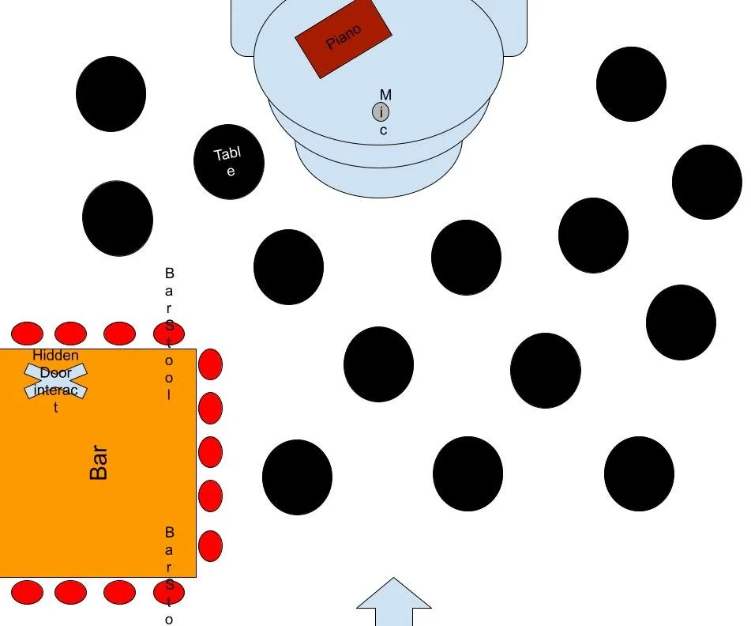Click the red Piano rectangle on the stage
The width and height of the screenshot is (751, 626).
pyautogui.click(x=343, y=37)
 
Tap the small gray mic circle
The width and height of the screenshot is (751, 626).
pyautogui.click(x=381, y=112)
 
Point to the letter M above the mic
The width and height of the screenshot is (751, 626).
pyautogui.click(x=385, y=95)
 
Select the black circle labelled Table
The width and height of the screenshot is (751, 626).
pyautogui.click(x=229, y=161)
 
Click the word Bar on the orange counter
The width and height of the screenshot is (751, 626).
pyautogui.click(x=99, y=463)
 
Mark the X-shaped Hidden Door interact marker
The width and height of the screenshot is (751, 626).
pyautogui.click(x=56, y=380)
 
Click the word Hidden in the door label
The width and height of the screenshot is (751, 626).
pyautogui.click(x=55, y=356)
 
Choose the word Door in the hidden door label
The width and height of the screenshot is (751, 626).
pyautogui.click(x=55, y=372)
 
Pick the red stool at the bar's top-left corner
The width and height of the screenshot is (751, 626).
pyautogui.click(x=27, y=334)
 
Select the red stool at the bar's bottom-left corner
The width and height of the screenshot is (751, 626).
pyautogui.click(x=27, y=591)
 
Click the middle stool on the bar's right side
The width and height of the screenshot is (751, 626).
pyautogui.click(x=210, y=452)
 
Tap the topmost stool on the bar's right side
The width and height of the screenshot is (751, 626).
pyautogui.click(x=210, y=365)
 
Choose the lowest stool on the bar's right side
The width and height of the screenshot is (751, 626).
pyautogui.click(x=210, y=546)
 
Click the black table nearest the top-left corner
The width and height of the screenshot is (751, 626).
pyautogui.click(x=111, y=94)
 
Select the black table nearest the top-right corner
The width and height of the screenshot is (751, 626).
pyautogui.click(x=631, y=84)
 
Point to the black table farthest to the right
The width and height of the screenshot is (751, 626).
pyautogui.click(x=707, y=182)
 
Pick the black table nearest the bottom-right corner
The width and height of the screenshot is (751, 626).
pyautogui.click(x=639, y=473)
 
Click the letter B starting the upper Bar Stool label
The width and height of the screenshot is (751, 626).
pyautogui.click(x=169, y=273)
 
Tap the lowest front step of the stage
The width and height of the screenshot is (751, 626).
pyautogui.click(x=378, y=180)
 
